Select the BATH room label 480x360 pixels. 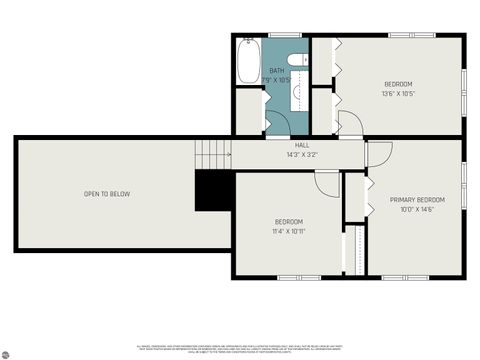pos(276,71)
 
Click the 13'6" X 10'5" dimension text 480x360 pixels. pos(398,94)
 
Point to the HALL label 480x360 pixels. pos(301,145)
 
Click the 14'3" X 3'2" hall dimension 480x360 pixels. pos(301,155)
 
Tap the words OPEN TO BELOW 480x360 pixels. pos(106,194)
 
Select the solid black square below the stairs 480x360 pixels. pos(213,191)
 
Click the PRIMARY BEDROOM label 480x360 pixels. pos(417,200)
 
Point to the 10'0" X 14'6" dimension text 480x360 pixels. pos(417,210)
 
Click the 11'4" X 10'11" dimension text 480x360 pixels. pos(289,231)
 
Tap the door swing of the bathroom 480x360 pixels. pos(278,122)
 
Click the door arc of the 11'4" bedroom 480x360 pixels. pos(327,184)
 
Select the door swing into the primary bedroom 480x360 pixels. pos(379,154)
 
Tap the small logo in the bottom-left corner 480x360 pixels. pos(7,352)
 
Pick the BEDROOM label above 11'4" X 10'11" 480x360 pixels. pos(289,221)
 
